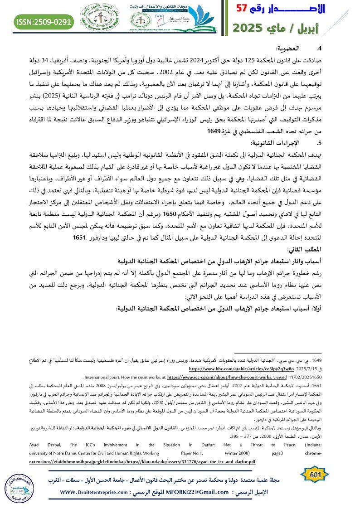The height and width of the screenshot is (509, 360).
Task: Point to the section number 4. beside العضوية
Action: click(319, 48)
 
